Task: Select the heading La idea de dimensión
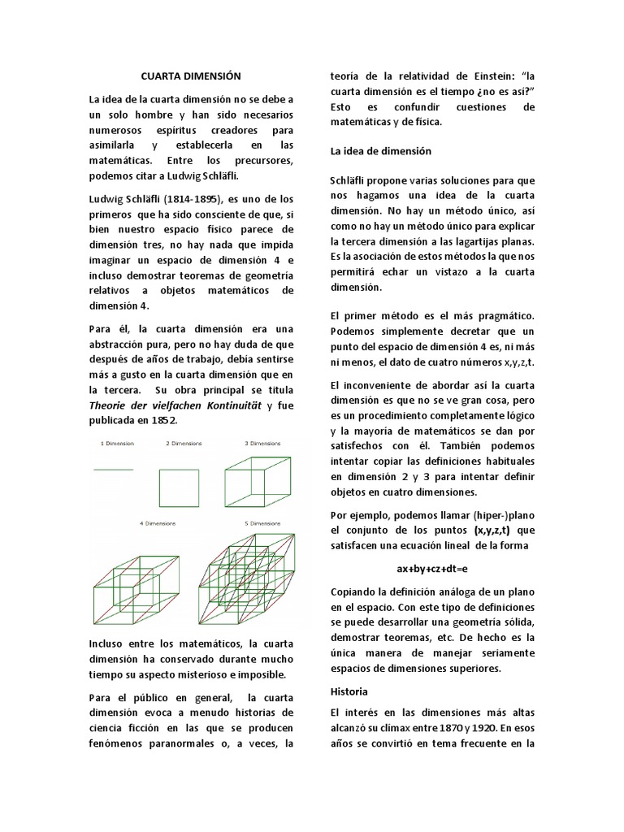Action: pos(380,151)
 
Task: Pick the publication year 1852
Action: pos(161,421)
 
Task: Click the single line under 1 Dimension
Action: pos(115,469)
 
